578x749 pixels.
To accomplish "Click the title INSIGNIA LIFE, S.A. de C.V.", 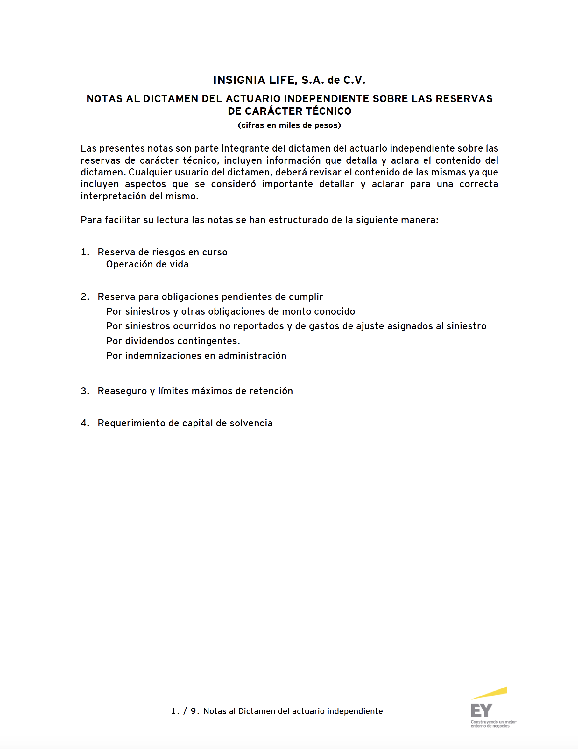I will pos(289,80).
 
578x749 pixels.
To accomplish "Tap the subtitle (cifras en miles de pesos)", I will pos(289,125).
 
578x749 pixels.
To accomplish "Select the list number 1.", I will pos(85,253).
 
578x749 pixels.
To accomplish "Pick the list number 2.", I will pos(85,297).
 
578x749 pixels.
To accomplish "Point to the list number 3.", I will pos(85,391).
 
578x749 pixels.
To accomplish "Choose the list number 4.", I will pos(85,423).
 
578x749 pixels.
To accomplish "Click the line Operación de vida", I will pos(147,264).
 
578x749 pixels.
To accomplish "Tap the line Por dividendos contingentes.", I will pos(173,341).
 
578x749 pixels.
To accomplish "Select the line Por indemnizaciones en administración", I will pos(196,356).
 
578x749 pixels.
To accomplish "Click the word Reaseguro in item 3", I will pos(122,391).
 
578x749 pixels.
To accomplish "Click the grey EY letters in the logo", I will pos(481,710).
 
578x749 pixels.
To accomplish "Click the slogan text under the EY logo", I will pos(493,724).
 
